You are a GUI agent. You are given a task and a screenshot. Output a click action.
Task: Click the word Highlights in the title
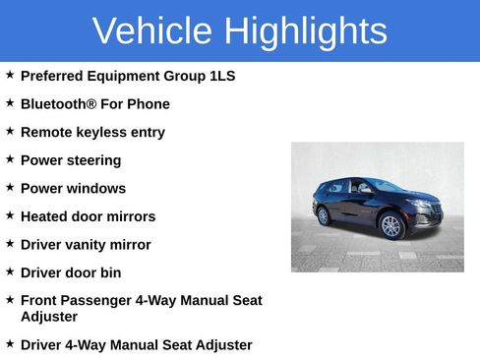(305, 31)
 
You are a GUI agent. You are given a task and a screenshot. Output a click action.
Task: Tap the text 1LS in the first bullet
(222, 76)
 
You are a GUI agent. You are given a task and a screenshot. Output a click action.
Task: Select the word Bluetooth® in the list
(58, 104)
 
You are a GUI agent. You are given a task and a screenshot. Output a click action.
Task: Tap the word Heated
(45, 216)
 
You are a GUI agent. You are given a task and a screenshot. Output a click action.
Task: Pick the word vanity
(91, 245)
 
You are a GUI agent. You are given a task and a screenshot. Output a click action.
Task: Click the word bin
(110, 272)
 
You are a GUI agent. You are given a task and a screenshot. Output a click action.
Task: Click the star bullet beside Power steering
(10, 159)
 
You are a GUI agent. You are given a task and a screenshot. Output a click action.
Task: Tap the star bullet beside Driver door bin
(10, 271)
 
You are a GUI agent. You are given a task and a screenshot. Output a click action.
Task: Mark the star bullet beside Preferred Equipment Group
(10, 75)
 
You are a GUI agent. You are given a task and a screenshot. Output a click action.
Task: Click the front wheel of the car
(392, 226)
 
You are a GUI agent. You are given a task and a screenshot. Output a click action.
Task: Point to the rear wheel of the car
(324, 215)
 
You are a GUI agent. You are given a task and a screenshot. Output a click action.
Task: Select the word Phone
(149, 104)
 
